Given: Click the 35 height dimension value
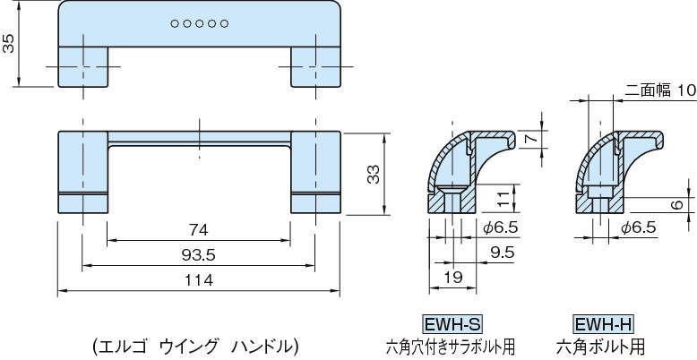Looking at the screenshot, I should click(x=9, y=44).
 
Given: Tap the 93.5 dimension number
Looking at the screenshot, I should click(x=198, y=255).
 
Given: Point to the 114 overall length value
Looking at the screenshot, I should click(x=198, y=280).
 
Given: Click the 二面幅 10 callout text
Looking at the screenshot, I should click(x=648, y=90).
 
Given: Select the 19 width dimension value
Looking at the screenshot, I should click(x=453, y=279).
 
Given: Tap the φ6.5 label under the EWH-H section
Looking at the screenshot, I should click(x=639, y=228).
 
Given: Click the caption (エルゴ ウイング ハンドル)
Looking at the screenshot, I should click(x=194, y=344).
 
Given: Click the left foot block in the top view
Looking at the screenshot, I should click(x=83, y=65).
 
